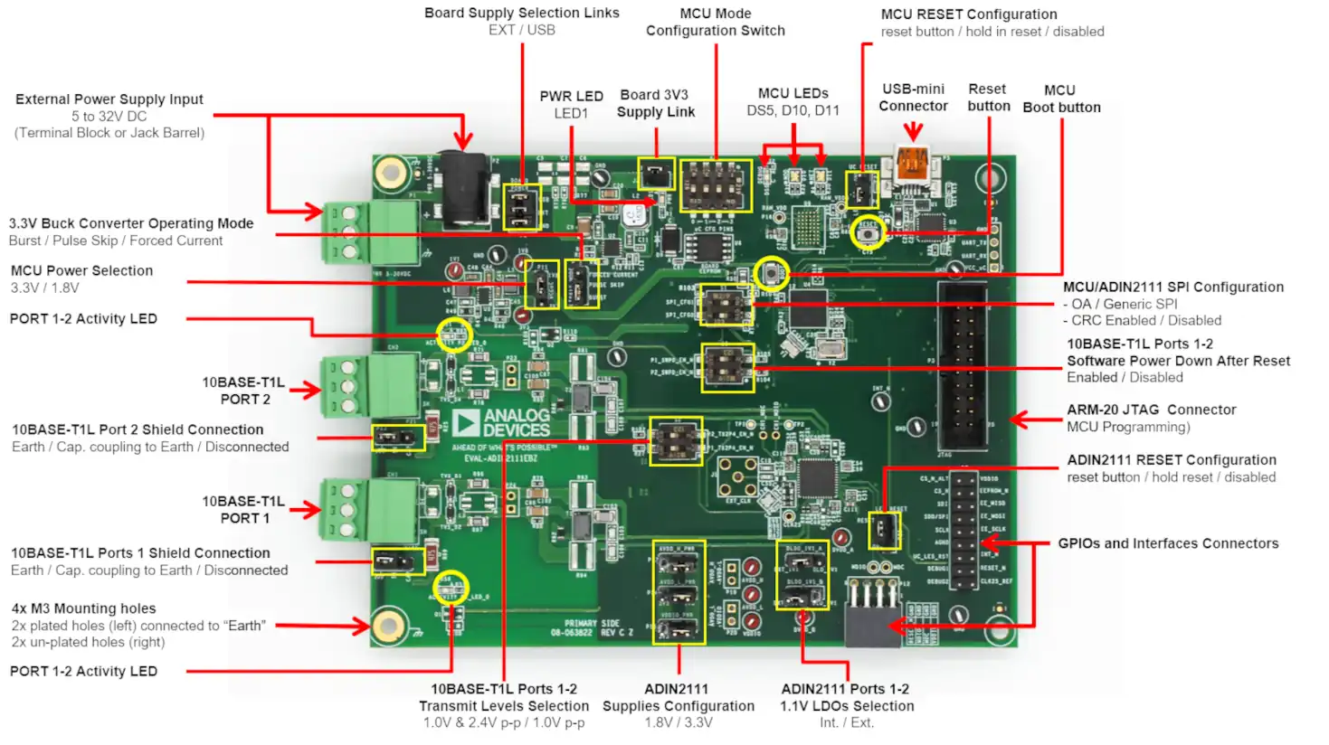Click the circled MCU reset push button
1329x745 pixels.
pyautogui.click(x=869, y=233)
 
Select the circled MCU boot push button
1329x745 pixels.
pyautogui.click(x=772, y=273)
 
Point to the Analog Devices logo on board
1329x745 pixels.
pyautogui.click(x=501, y=423)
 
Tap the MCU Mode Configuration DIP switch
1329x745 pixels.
pyautogui.click(x=716, y=186)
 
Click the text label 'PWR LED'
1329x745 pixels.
pyautogui.click(x=571, y=97)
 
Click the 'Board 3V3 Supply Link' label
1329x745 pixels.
pyautogui.click(x=655, y=103)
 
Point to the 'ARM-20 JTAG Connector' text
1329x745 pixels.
pyautogui.click(x=1151, y=410)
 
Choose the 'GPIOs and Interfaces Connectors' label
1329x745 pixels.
pyautogui.click(x=1168, y=543)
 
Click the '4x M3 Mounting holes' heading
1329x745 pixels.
pyautogui.click(x=83, y=608)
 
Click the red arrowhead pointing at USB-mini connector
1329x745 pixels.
pyautogui.click(x=913, y=133)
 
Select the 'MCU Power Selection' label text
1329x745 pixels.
pyautogui.click(x=81, y=270)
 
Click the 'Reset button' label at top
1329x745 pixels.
pyautogui.click(x=988, y=98)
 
